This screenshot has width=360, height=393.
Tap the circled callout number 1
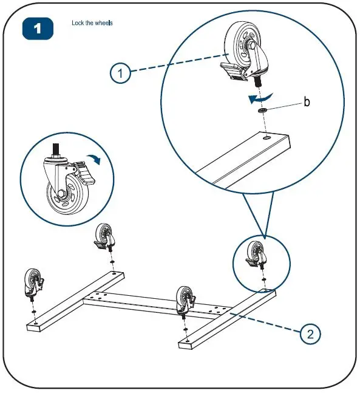tap(120, 73)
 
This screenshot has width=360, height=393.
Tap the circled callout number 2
tap(310, 333)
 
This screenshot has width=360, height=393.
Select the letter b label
tap(307, 103)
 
